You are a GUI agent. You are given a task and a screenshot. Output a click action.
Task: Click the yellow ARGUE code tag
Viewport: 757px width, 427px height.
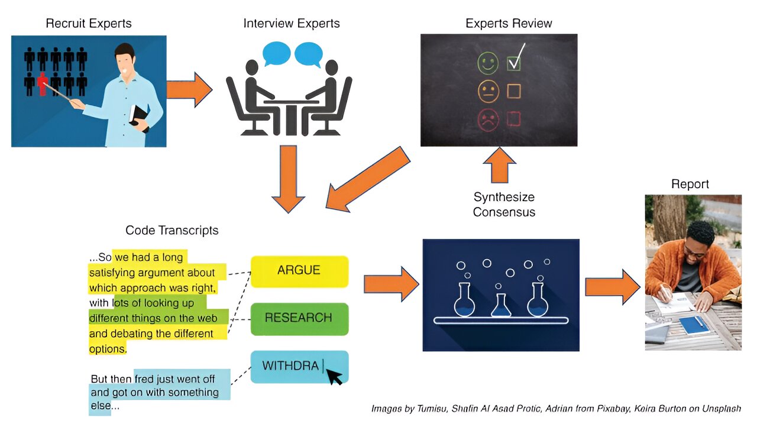coord(299,271)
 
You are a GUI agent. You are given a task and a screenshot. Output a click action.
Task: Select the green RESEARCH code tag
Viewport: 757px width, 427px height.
coord(299,318)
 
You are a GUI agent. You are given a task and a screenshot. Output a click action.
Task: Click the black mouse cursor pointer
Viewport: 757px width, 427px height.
coord(334,376)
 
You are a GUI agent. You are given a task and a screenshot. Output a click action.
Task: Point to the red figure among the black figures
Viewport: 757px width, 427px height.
coord(42,83)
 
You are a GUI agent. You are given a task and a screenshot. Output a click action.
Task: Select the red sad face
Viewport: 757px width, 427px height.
coord(488,120)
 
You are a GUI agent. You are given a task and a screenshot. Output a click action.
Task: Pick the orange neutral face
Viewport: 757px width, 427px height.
coord(487,90)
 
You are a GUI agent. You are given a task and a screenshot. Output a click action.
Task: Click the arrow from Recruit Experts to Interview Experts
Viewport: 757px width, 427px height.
coord(189,90)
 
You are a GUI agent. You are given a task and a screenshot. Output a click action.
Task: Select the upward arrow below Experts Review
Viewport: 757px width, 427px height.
coord(499,165)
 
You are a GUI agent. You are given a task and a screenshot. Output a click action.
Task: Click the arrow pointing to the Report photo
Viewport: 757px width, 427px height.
coord(612,286)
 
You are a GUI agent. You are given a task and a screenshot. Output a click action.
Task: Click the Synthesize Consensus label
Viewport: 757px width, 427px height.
coord(504,204)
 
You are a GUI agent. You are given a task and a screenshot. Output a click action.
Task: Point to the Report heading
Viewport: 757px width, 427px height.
coord(690,184)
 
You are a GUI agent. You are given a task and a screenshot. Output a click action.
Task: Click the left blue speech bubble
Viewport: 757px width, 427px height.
coord(276,53)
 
